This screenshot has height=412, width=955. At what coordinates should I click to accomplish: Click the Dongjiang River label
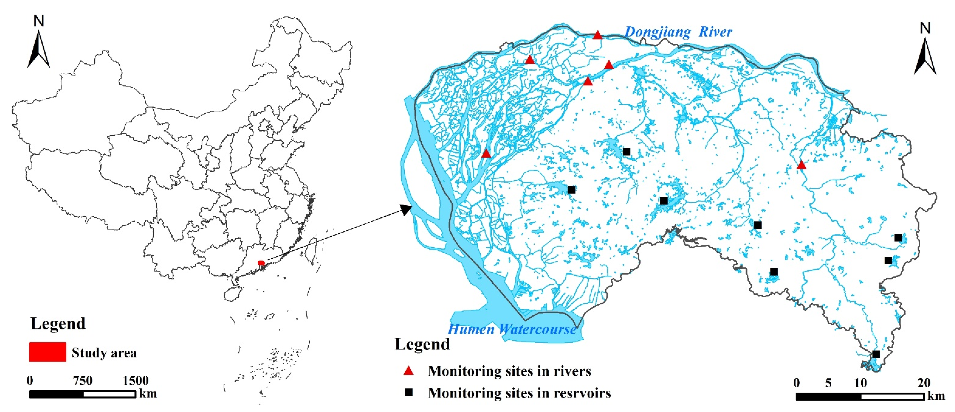pos(678,32)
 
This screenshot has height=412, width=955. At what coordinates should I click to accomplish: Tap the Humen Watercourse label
pos(512,329)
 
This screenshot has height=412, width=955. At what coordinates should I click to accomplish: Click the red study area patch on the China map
pos(261,263)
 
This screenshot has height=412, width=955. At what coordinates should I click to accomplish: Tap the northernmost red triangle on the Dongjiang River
pos(598,35)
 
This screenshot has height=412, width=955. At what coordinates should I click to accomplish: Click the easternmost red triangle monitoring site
pos(801,165)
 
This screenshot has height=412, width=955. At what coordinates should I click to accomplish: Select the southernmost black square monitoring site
pos(876,354)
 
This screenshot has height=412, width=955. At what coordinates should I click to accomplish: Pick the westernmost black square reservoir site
pos(571,190)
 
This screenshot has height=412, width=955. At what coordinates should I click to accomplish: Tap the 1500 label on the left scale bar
pos(136,381)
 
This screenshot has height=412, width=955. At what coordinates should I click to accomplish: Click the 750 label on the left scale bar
pos(82,381)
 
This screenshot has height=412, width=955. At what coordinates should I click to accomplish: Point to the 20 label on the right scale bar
pos(924,383)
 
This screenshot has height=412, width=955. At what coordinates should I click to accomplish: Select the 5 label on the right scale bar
pos(828,383)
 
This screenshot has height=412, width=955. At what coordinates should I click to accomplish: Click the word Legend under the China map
pos(58,324)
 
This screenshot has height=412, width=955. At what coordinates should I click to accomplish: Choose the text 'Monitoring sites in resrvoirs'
pos(519,393)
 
